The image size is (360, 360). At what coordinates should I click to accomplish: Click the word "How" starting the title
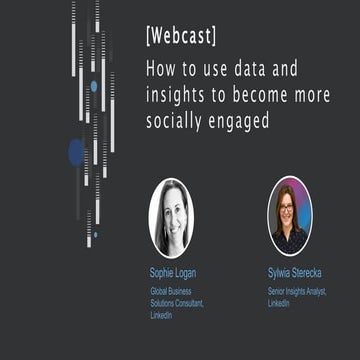[160, 72]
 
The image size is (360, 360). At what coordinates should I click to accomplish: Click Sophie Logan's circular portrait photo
[171, 218]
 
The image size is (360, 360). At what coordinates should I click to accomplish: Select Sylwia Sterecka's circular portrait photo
[289, 216]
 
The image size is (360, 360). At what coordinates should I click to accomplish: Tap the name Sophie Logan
[172, 272]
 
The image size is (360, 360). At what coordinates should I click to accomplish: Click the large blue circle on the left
[76, 152]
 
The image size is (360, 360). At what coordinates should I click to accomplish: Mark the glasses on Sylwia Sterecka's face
[288, 210]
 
